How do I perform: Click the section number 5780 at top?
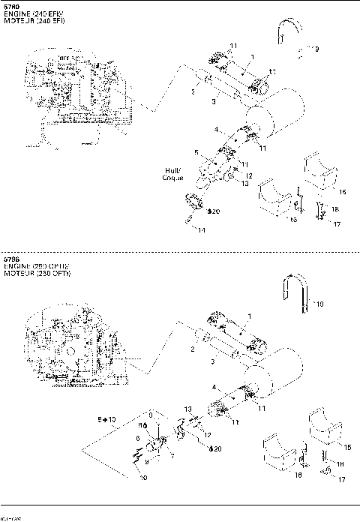pyautogui.click(x=12, y=7)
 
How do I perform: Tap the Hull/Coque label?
pyautogui.click(x=174, y=174)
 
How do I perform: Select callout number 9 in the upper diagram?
pyautogui.click(x=316, y=49)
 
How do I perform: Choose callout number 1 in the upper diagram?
pyautogui.click(x=253, y=57)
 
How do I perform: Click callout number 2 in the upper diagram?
pyautogui.click(x=193, y=93)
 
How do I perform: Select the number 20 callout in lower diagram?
pyautogui.click(x=216, y=448)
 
